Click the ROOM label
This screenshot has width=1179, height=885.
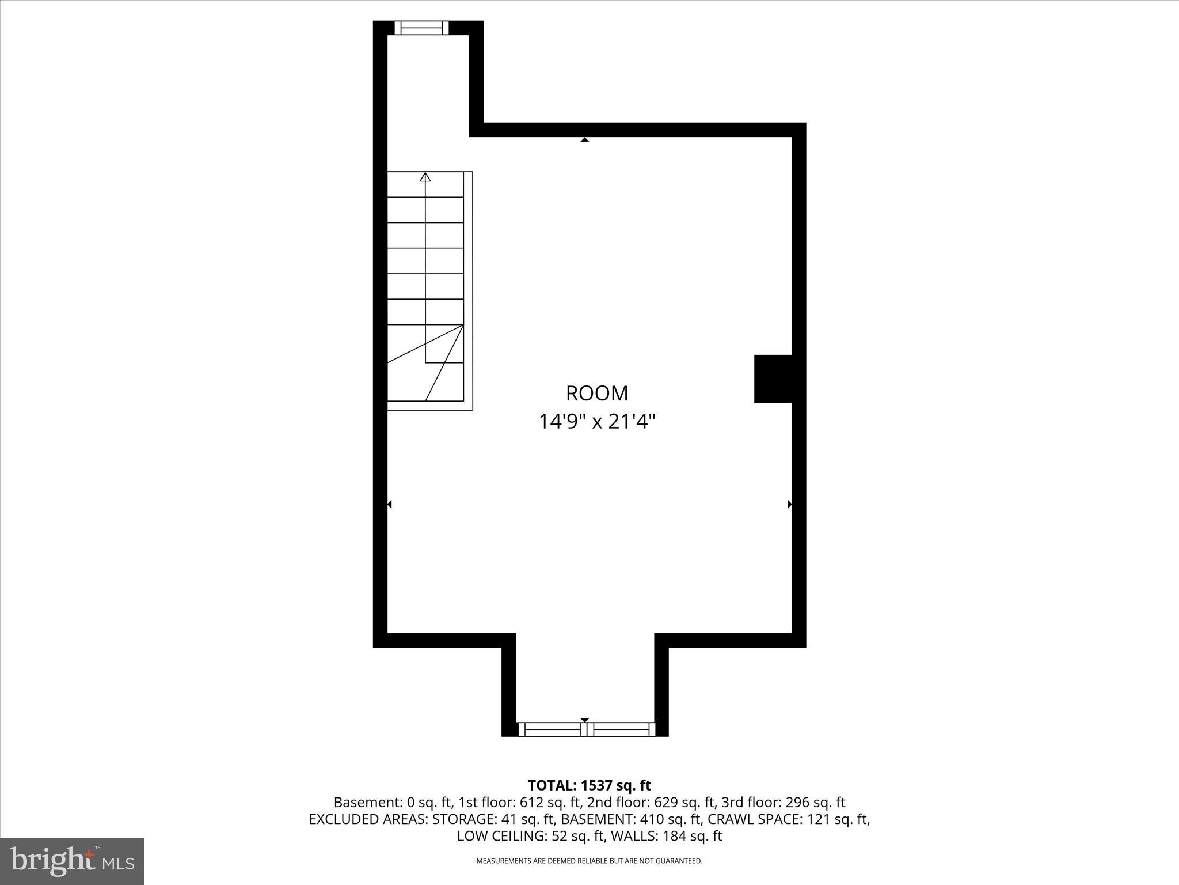[597, 394]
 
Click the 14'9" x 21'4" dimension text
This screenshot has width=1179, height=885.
[597, 422]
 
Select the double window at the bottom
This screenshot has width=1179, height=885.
[587, 729]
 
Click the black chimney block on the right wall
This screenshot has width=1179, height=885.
[773, 379]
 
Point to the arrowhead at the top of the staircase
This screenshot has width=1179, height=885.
[425, 177]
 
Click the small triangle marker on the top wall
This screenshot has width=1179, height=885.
[585, 139]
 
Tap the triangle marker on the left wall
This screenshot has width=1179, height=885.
[390, 504]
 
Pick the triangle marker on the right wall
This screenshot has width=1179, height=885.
[790, 504]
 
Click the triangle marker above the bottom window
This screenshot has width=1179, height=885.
[585, 720]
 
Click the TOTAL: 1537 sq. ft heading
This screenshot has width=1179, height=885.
[589, 785]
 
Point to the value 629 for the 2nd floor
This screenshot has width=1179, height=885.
[665, 802]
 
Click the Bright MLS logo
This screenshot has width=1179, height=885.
[72, 861]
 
